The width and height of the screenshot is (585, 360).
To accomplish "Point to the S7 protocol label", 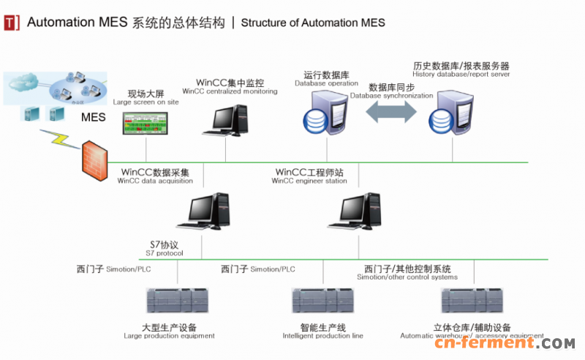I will pyautogui.click(x=164, y=248).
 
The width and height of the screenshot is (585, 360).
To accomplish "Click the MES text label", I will pyautogui.click(x=94, y=117).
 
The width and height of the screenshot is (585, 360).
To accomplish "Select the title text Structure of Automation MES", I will pyautogui.click(x=312, y=23).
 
